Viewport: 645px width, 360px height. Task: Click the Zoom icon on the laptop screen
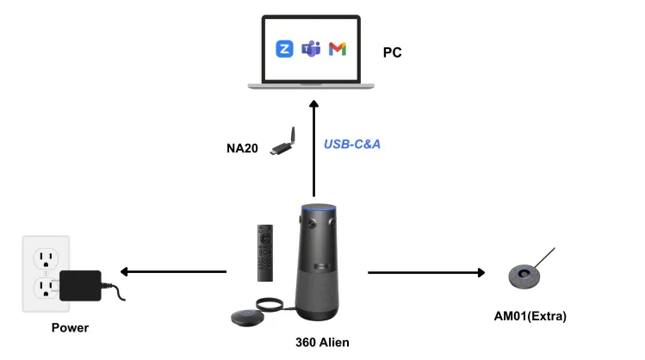tap(284, 49)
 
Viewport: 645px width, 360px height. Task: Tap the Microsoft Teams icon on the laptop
tap(311, 49)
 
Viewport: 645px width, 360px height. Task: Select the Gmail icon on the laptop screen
tap(338, 49)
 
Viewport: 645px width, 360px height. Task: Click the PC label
tap(392, 53)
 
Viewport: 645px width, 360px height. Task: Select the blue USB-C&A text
tap(351, 144)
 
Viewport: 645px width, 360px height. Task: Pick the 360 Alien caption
tap(322, 342)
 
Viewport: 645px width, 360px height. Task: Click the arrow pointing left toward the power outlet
tap(172, 272)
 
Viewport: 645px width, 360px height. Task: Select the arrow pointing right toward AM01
tap(426, 272)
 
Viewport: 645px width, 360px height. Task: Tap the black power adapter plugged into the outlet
tap(80, 285)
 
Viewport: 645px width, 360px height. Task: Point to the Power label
tap(70, 327)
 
